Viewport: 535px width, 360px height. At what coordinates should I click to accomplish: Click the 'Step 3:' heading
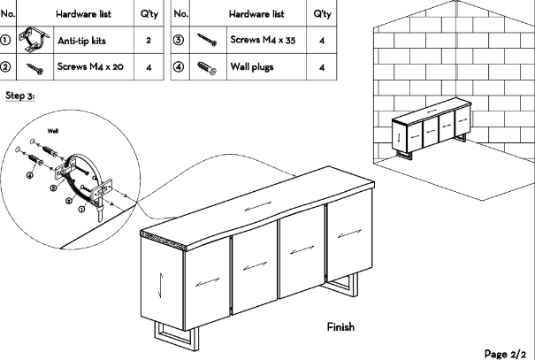(x=19, y=96)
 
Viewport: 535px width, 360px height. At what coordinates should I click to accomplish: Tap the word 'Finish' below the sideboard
(x=340, y=327)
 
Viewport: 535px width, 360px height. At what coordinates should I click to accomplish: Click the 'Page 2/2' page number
(x=507, y=352)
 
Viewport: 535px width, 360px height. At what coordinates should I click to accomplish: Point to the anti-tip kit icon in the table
(x=35, y=40)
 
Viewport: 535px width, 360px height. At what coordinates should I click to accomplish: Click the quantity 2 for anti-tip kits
(x=149, y=41)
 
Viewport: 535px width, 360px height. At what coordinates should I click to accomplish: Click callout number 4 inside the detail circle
(x=29, y=174)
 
